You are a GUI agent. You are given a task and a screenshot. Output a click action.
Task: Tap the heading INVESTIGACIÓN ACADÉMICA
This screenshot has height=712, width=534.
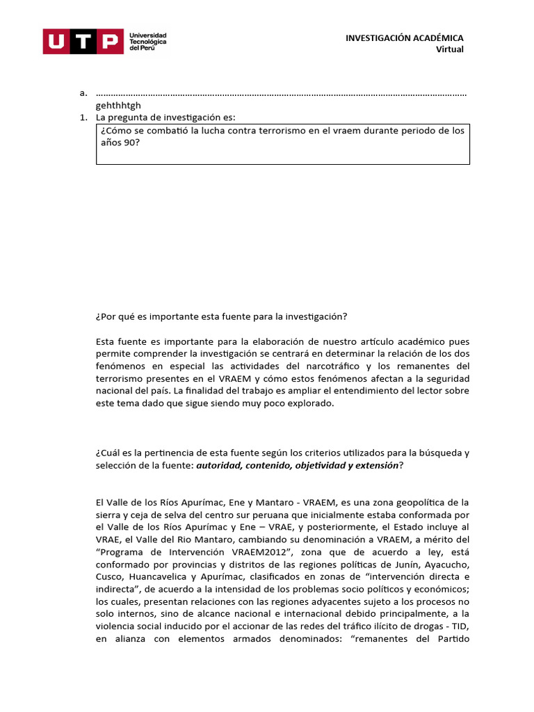tap(404, 38)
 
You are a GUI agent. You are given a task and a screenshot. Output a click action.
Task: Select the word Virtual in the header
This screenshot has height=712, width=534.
tap(449, 49)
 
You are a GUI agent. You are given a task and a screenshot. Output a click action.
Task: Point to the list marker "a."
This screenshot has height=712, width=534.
tap(83, 93)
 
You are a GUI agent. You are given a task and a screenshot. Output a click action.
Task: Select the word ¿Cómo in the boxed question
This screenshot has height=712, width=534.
tap(115, 130)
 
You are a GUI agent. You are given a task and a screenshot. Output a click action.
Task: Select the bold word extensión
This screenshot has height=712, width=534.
tap(376, 464)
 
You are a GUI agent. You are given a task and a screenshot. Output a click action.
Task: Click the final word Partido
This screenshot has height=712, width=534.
tap(448, 640)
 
